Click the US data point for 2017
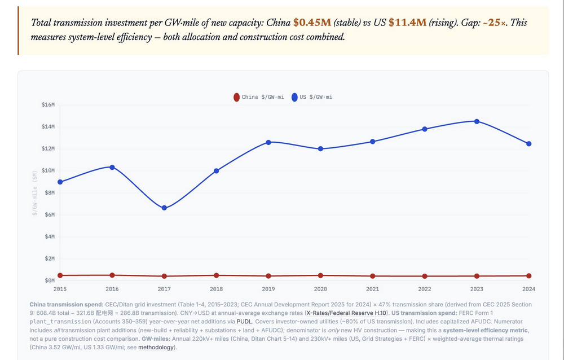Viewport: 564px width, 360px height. [164, 208]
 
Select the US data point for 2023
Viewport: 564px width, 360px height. [477, 121]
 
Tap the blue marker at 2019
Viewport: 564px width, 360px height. [268, 142]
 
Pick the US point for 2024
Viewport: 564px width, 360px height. [529, 144]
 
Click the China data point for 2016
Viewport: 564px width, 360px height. [112, 275]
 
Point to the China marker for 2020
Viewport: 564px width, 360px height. [321, 275]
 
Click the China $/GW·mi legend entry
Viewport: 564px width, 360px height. [259, 97]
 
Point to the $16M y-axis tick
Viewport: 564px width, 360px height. [48, 104]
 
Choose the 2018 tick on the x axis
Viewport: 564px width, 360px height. [217, 288]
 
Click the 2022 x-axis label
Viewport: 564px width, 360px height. [425, 288]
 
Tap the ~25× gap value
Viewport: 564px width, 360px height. [495, 23]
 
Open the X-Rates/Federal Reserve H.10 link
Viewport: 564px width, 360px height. [345, 313]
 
